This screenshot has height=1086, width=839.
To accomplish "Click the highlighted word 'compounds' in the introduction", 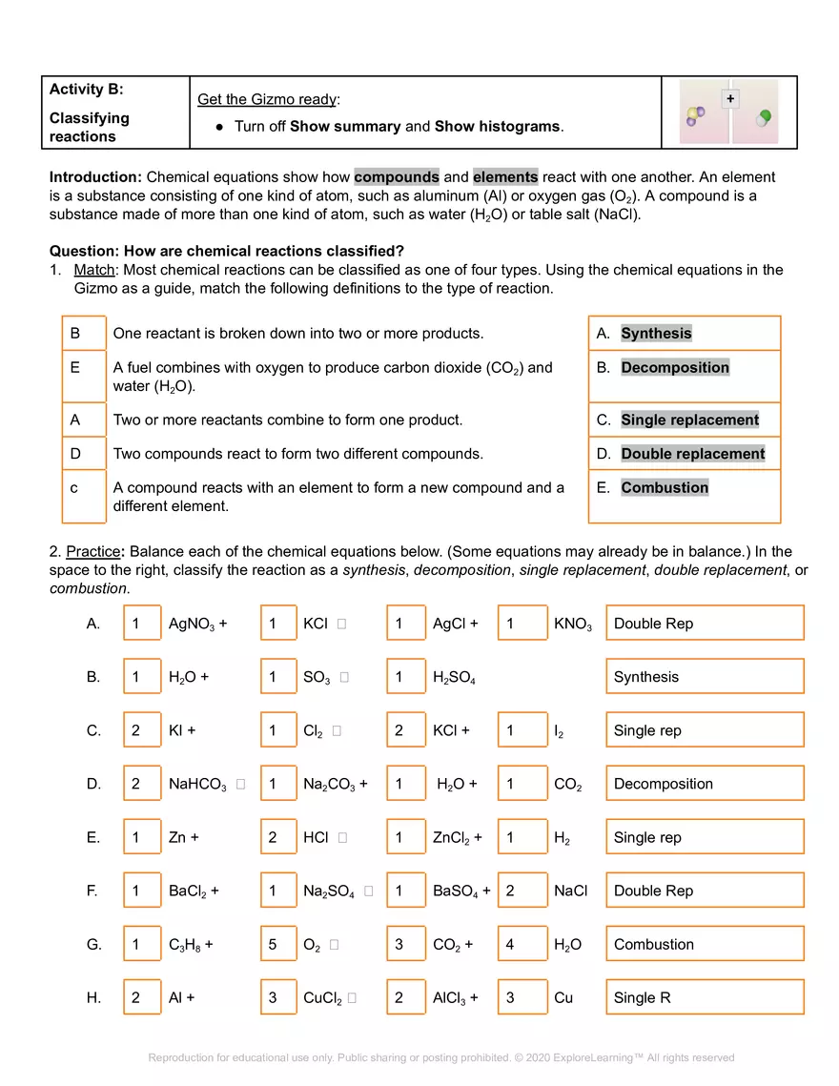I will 397,176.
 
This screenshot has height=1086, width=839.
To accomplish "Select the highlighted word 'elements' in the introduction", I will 505,176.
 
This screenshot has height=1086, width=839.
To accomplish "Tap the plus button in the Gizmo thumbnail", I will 730,99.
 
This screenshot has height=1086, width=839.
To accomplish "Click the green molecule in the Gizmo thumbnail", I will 763,118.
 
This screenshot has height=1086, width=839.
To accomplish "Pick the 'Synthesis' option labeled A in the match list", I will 656,334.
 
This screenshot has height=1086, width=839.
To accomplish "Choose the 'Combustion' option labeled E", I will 665,488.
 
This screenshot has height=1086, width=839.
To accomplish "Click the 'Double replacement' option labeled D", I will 692,454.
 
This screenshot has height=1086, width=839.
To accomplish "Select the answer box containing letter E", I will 84,376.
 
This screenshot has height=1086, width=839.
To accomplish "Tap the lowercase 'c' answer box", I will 84,496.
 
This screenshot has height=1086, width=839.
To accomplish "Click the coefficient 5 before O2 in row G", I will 277,944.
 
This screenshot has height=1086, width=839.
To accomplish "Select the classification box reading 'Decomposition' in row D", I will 704,784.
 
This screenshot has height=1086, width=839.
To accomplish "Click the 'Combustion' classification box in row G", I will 704,944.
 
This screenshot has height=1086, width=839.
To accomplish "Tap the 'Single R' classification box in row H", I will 704,997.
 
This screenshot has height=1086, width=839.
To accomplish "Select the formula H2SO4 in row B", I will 454,678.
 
